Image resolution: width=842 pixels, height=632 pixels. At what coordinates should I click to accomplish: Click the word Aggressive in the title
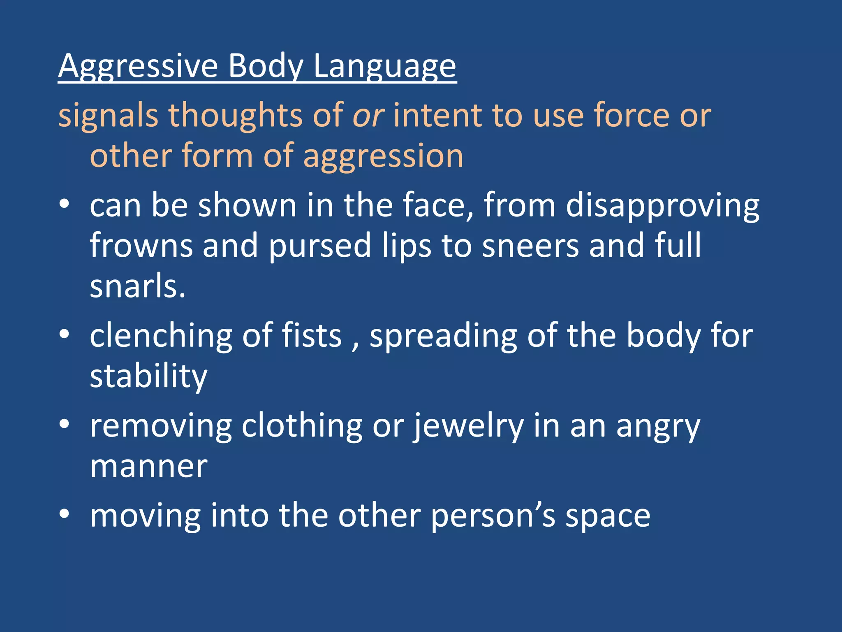(x=138, y=66)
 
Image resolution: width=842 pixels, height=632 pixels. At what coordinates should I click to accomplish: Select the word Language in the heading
(x=384, y=66)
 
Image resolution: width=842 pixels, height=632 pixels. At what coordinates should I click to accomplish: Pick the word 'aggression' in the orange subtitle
(x=383, y=156)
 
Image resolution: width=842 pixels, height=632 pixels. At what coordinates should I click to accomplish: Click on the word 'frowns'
(x=141, y=245)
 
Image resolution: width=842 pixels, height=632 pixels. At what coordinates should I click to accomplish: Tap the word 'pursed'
(x=320, y=245)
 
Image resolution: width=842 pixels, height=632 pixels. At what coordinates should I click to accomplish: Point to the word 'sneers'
(x=530, y=245)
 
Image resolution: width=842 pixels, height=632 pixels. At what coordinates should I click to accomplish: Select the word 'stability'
(x=148, y=376)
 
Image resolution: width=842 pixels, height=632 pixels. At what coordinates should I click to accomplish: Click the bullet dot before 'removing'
(x=64, y=424)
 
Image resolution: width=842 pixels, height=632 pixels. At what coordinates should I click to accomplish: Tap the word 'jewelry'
(x=468, y=426)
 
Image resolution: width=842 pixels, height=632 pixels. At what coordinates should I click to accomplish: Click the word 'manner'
(x=148, y=467)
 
